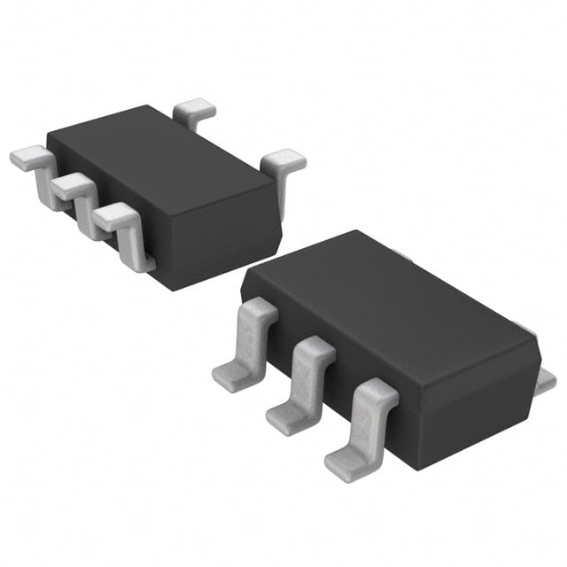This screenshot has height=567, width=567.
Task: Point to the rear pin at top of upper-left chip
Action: (x=195, y=113)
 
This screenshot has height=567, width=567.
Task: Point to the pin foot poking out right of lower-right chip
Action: (x=546, y=380)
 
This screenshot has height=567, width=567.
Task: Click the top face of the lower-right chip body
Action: (x=390, y=301)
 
